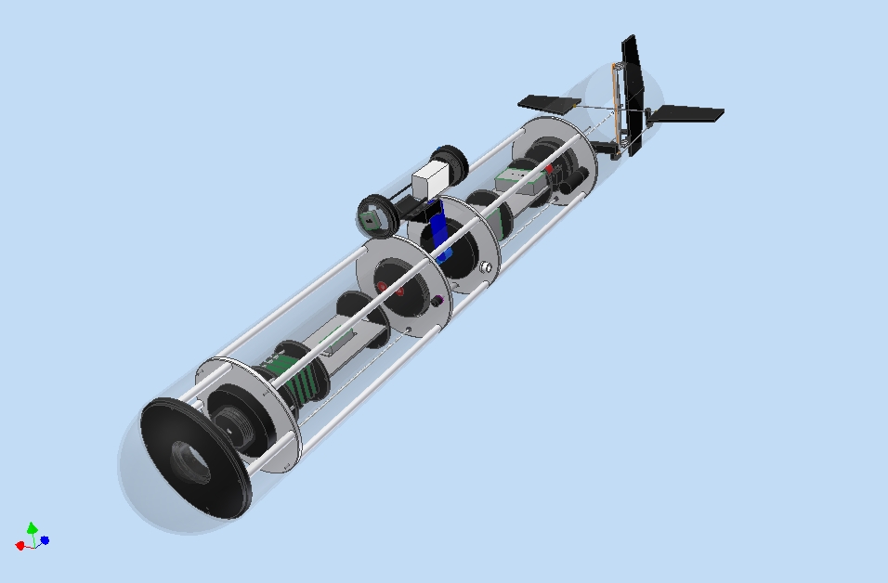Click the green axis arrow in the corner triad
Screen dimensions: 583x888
pos(33,528)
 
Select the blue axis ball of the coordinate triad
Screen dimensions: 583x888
pos(45,539)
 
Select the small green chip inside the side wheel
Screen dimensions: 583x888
pos(371,219)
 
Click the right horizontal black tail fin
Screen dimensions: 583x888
pos(687,114)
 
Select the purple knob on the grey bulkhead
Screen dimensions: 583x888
pos(437,300)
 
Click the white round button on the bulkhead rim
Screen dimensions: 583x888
pos(485,267)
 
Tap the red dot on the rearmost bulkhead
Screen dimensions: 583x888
pos(549,169)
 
